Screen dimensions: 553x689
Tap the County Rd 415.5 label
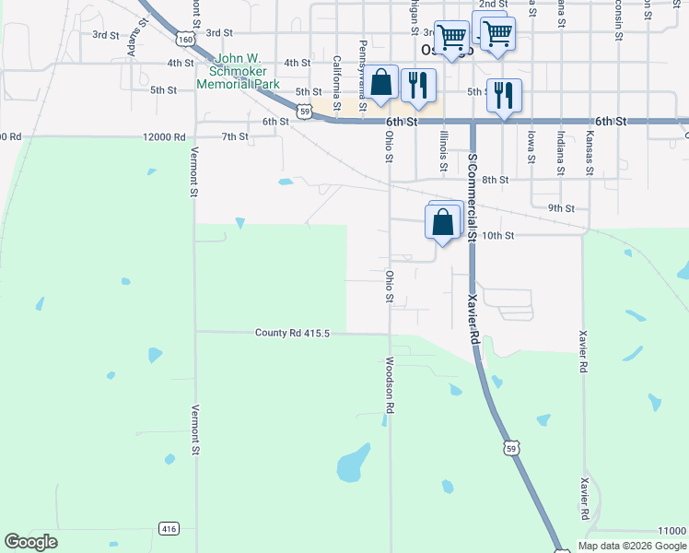[292, 333]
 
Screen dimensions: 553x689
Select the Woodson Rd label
[391, 384]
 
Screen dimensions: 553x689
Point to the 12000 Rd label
[165, 136]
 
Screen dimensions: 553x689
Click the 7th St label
[235, 136]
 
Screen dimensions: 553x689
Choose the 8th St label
[495, 180]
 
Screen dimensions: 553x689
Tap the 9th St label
[561, 208]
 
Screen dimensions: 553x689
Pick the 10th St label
[497, 236]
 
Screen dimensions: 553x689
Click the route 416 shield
[169, 529]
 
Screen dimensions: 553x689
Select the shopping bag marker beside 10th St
[443, 222]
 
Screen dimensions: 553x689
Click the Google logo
[30, 542]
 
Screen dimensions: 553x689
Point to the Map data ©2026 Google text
[632, 546]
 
